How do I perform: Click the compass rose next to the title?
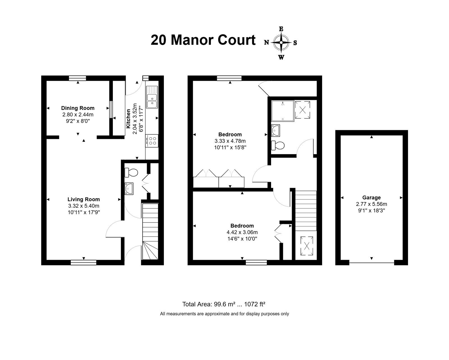coord(281,43)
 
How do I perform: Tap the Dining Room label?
coord(78,108)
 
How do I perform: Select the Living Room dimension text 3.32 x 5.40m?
coord(84,206)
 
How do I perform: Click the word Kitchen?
coord(128,119)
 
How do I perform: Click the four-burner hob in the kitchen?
coord(152,141)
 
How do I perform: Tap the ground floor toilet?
coord(131,173)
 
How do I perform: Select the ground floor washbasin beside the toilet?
coord(129,189)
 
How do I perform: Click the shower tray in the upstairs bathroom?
coord(283,111)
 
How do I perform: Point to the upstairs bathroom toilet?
coord(278,145)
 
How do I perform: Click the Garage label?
coord(371,198)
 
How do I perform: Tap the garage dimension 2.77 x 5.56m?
coord(371,204)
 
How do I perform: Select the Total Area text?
coord(224,304)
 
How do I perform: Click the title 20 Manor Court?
coord(203,40)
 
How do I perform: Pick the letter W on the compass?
coord(281,58)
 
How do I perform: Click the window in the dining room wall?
coord(77,78)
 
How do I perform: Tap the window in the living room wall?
coord(83,262)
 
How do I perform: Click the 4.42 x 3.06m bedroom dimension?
coord(242,232)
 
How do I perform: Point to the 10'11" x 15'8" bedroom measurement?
coord(230,148)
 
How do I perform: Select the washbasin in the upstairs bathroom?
coord(276,130)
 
